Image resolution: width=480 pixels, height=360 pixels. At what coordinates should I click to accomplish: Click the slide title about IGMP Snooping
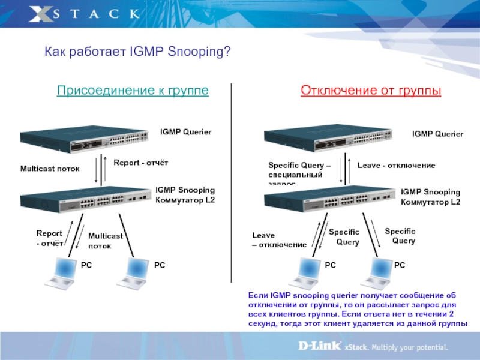[x=137, y=53]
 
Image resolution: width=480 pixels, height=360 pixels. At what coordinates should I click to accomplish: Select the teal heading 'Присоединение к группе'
[x=133, y=91]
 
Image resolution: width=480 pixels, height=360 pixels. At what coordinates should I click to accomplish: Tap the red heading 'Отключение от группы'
[x=371, y=91]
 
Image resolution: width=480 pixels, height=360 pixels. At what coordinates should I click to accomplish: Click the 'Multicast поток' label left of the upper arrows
[x=50, y=169]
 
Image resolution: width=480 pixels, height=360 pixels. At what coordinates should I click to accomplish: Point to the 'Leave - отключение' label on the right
[x=396, y=165]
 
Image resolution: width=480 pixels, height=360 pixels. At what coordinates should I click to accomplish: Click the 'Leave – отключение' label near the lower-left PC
[x=278, y=240]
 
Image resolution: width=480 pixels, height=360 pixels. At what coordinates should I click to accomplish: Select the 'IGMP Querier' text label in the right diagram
[x=437, y=134]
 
